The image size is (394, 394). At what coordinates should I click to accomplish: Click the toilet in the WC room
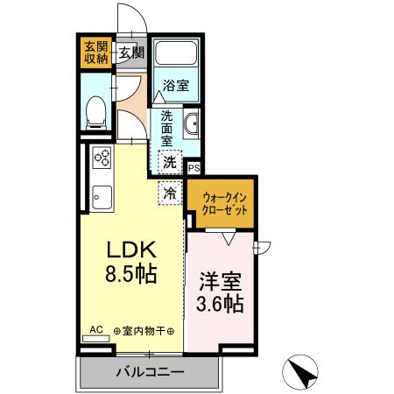(x=97, y=109)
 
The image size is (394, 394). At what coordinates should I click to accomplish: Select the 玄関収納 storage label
(x=95, y=52)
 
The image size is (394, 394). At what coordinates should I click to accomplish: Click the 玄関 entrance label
(x=132, y=53)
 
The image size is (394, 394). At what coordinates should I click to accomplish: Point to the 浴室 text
(x=178, y=86)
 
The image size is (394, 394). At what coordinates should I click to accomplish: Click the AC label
(x=96, y=330)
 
